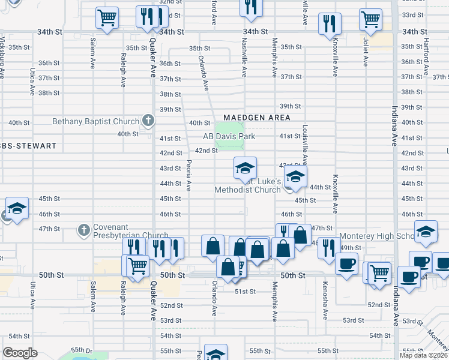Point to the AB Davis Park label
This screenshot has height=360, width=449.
(229, 137)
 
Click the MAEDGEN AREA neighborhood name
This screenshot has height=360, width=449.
(256, 118)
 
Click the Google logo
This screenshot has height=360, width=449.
(20, 353)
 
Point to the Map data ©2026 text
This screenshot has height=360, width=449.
(423, 355)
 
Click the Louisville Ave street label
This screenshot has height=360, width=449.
(305, 146)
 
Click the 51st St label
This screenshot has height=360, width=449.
(245, 292)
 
